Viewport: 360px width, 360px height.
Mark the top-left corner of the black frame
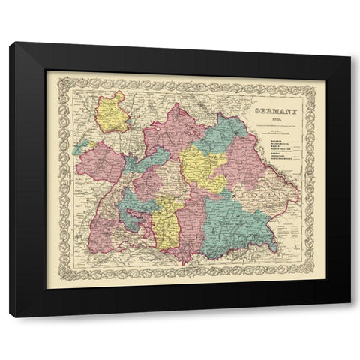point(10,43)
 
